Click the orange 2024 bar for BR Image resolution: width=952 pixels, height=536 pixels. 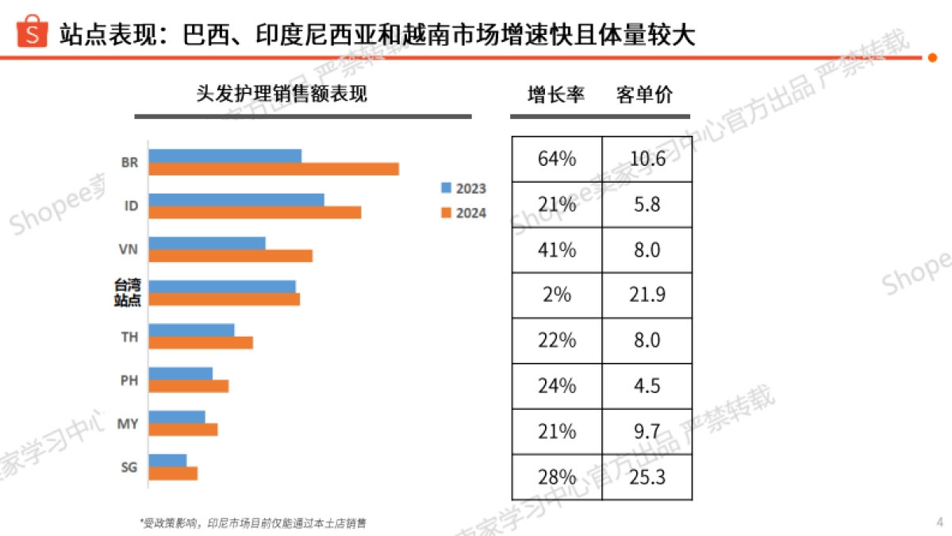coord(274,169)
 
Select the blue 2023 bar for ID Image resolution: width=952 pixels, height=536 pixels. coord(236,199)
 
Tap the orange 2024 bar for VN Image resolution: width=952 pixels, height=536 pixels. coord(231,256)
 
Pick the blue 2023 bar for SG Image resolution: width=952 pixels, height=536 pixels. coord(168,460)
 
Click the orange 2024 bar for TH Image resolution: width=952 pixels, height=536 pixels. coord(201,342)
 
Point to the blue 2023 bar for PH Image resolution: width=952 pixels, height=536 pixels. coord(181,373)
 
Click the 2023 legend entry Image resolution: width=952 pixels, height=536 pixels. coord(463,188)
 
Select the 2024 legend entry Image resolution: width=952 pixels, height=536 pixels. coord(463,213)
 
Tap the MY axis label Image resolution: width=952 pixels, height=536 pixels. coord(128,423)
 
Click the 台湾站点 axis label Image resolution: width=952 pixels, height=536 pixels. coord(126,292)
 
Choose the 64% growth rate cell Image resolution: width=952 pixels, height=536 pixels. coord(557,159)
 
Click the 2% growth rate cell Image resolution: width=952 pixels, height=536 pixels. coord(557,295)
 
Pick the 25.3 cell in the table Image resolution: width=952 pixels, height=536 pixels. coord(647,476)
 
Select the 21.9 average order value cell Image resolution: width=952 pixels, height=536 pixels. coord(647,295)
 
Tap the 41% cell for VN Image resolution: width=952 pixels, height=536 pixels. coord(557,249)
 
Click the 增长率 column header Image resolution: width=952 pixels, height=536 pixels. coord(556,94)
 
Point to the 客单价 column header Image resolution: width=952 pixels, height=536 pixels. coord(643,94)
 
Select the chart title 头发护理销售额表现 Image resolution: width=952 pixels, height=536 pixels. coord(282,94)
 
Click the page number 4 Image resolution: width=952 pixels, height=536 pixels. coord(939,522)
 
